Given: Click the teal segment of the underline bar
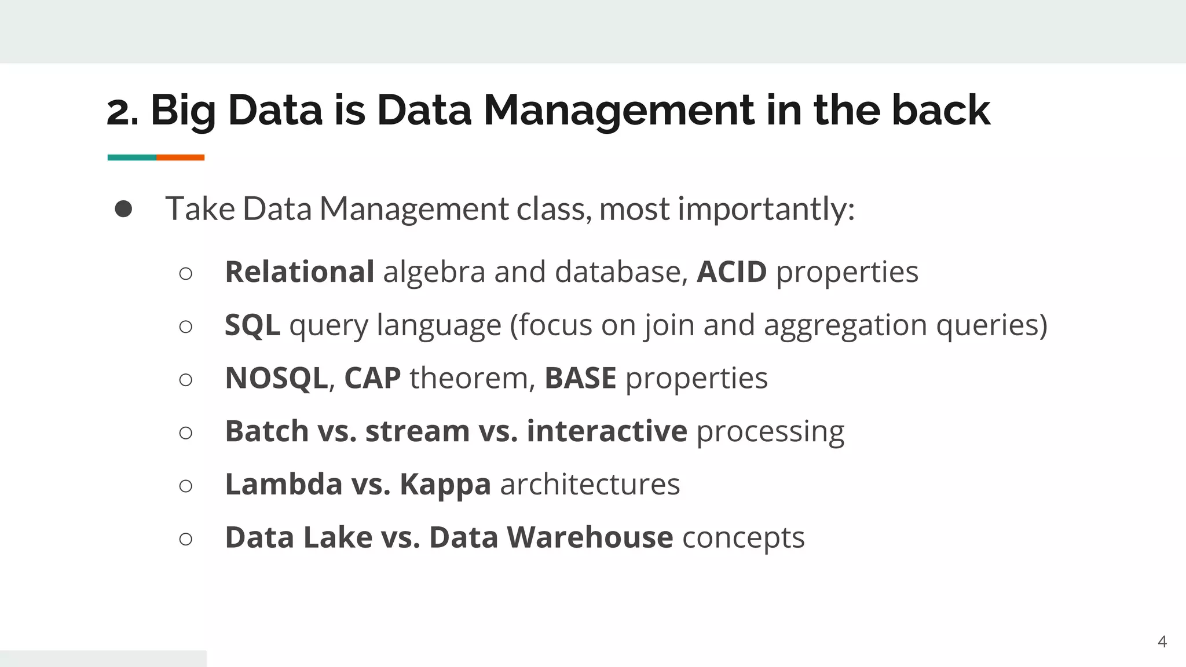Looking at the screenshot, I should [131, 157].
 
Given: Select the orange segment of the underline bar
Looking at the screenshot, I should [180, 157].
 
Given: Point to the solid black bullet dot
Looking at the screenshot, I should [123, 209].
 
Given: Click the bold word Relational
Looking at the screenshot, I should [299, 272].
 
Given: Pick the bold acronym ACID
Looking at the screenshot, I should [731, 272].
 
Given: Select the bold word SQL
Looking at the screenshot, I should [252, 325].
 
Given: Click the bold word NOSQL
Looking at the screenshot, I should [276, 378].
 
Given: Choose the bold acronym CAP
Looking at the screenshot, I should [372, 378].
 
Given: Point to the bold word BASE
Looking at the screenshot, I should [580, 378].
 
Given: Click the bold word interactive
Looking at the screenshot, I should [607, 431].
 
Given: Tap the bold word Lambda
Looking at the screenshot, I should [284, 484].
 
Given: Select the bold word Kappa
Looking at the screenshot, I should [445, 484].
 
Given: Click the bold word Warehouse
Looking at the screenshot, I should [590, 537].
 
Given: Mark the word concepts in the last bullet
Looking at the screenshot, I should [744, 537].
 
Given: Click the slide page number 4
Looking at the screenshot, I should [1162, 642].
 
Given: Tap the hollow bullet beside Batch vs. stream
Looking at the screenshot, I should [186, 433].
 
